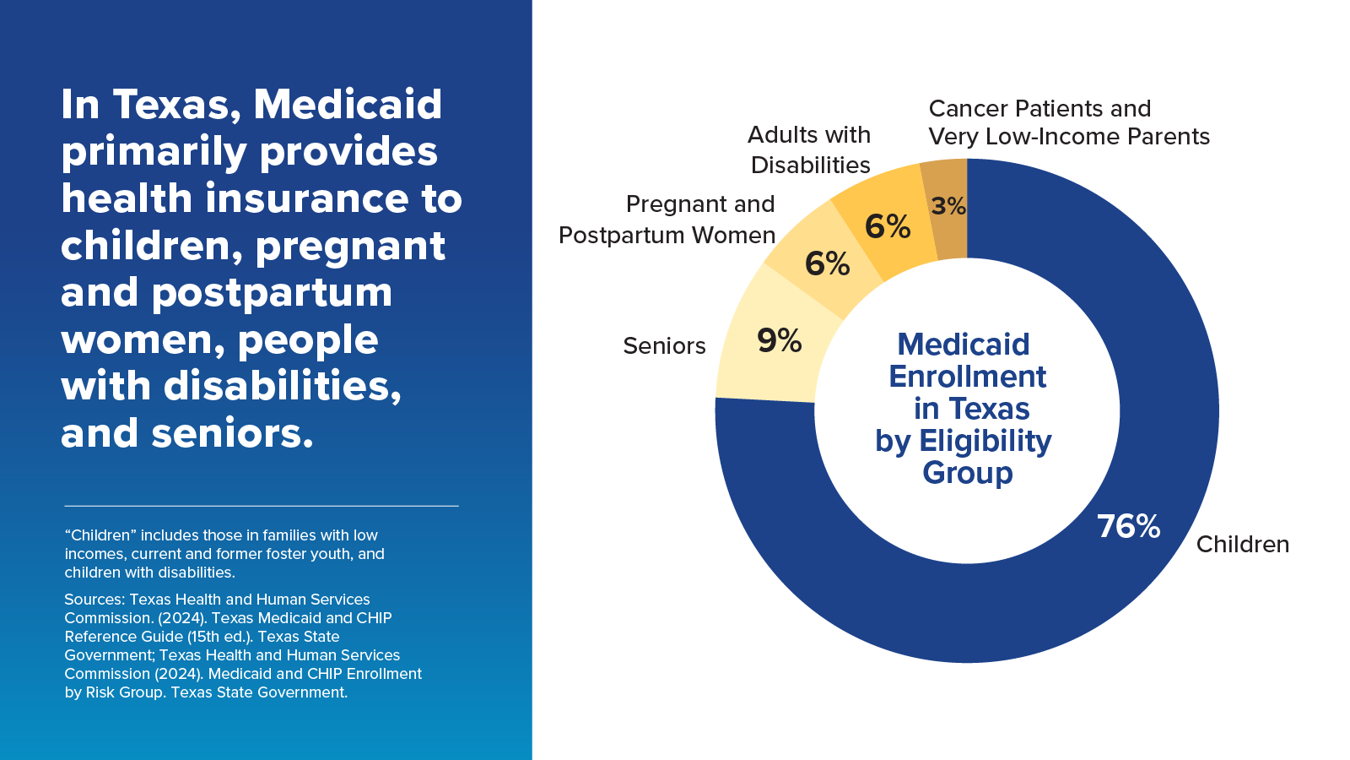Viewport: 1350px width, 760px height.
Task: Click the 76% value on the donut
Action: (x=1128, y=526)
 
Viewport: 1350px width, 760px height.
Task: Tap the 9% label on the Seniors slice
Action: (x=779, y=340)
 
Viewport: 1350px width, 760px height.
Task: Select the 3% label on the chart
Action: (x=948, y=206)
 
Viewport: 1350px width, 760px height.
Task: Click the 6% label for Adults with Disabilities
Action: (x=888, y=226)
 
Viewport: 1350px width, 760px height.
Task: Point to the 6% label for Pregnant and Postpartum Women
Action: (x=827, y=263)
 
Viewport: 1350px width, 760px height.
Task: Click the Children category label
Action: (x=1242, y=545)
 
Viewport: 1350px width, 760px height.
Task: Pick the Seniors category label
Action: (x=664, y=346)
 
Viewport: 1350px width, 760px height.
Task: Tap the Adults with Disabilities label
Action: (x=809, y=150)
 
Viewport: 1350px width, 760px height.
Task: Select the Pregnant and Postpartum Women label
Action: (x=668, y=220)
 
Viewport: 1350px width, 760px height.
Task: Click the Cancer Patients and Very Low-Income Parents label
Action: (x=1068, y=122)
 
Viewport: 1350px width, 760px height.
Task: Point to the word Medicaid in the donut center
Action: (x=963, y=345)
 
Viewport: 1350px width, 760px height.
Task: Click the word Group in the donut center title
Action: (x=967, y=473)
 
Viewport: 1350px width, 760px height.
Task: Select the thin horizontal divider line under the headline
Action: (x=262, y=506)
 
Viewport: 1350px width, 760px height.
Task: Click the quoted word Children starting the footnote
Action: (x=100, y=535)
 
